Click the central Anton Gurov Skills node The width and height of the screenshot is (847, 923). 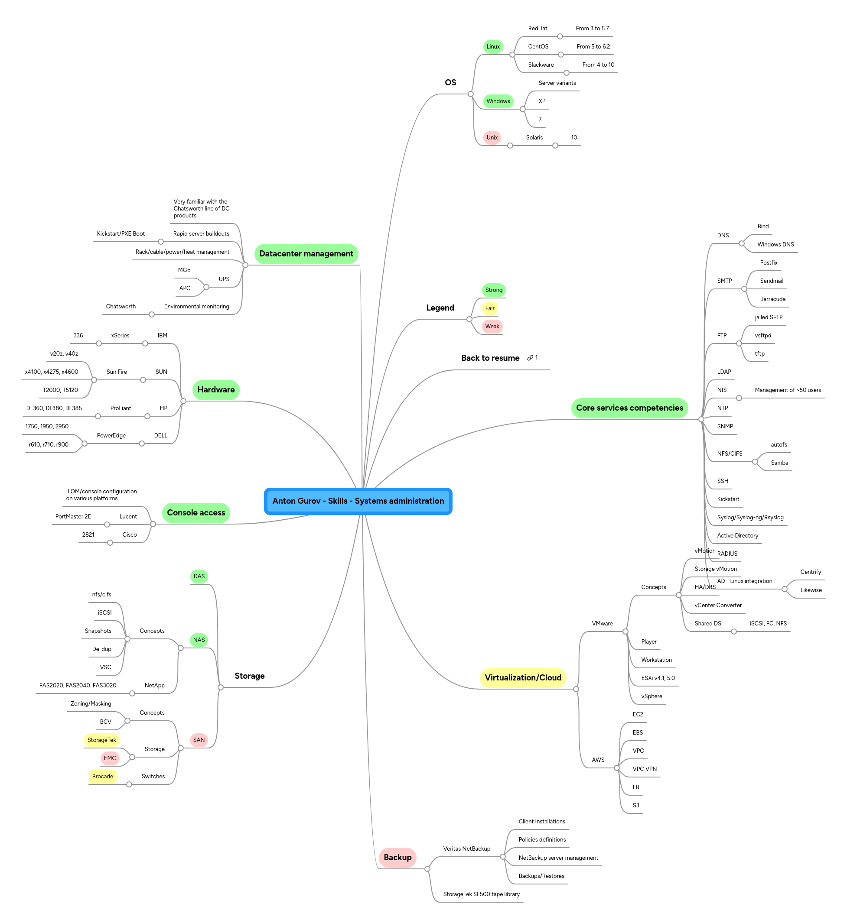358,501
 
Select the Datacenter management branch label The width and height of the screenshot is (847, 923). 306,254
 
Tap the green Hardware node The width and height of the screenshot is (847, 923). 216,390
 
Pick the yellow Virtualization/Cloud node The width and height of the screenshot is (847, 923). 523,677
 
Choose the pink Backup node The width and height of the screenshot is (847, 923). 397,858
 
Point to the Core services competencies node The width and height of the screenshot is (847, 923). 629,408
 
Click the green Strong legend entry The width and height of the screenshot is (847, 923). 494,290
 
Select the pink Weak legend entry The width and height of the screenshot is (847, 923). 492,327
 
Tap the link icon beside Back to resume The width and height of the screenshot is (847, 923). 530,358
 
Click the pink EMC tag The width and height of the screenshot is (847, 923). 110,758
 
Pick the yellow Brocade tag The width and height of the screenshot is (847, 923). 103,777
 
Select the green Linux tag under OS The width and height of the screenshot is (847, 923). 493,47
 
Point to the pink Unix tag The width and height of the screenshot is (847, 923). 492,137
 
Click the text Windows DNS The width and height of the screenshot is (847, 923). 775,245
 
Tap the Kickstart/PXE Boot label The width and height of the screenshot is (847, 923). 121,233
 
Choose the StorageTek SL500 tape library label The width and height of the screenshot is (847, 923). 481,894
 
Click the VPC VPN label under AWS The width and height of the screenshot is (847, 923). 645,769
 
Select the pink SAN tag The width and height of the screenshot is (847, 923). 199,740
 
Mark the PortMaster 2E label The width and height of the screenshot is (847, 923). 73,516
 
